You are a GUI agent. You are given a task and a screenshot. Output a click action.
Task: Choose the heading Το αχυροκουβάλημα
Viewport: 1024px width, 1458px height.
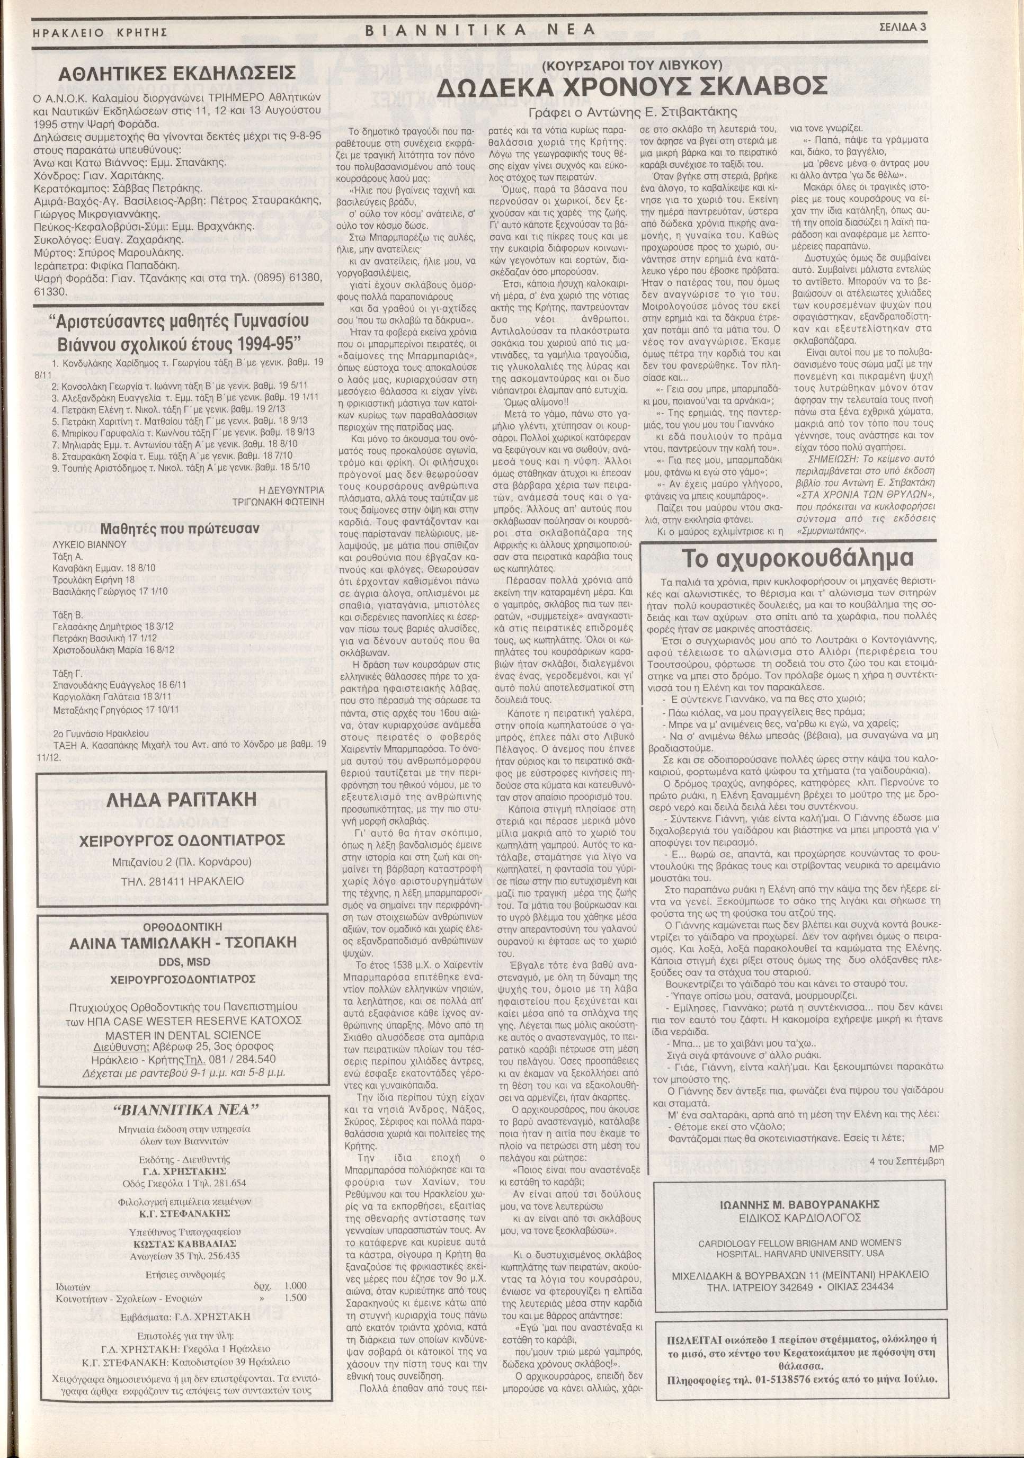click(798, 558)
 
